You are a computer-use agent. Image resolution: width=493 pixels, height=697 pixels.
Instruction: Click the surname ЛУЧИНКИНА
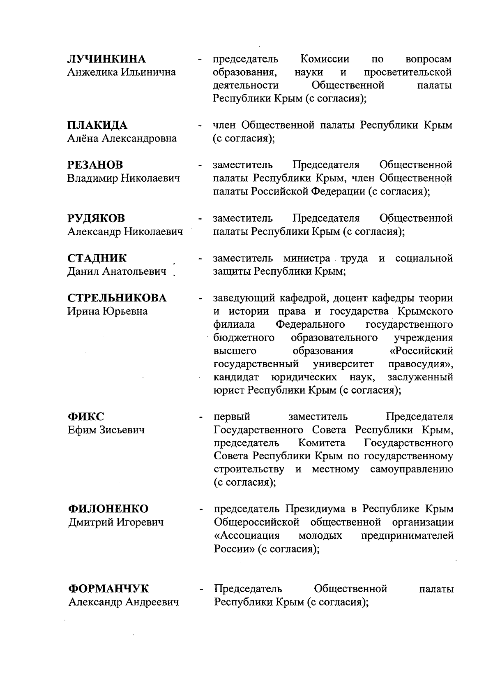[106, 59]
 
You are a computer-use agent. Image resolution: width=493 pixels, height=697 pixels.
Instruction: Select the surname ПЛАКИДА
[97, 125]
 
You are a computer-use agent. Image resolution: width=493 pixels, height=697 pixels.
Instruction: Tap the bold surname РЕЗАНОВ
[95, 165]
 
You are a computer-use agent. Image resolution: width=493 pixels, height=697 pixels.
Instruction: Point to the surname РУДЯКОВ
[96, 218]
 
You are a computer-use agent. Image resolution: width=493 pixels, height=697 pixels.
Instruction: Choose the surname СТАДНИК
[97, 259]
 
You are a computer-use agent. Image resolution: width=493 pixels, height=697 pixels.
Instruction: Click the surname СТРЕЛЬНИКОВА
[117, 298]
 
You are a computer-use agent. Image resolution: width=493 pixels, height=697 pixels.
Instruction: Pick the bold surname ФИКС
[86, 417]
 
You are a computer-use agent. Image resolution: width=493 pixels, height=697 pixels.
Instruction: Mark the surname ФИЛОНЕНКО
[108, 509]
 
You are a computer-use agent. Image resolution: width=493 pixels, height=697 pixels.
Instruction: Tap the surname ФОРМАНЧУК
[108, 589]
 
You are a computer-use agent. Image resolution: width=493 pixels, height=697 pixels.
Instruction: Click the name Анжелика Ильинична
[122, 72]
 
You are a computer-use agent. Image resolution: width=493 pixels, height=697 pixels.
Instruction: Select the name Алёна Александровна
[122, 139]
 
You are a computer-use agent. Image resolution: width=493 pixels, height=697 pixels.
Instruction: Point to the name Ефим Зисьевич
[106, 430]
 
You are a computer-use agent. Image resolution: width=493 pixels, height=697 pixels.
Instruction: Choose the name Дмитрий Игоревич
[115, 522]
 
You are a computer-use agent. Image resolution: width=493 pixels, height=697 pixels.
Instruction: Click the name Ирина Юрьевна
[108, 311]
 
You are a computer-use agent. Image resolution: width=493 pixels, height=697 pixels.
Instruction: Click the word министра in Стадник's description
[306, 259]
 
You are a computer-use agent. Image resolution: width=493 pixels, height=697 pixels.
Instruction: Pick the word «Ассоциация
[247, 536]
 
